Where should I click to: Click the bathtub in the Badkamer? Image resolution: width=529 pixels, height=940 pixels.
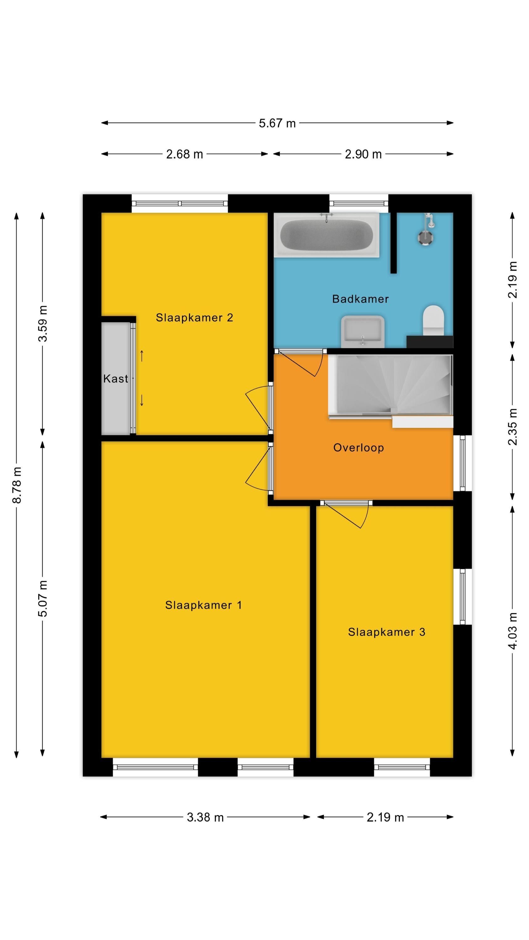click(326, 235)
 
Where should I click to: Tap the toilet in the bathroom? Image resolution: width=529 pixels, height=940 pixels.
click(433, 321)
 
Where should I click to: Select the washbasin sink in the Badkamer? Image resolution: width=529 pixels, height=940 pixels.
click(363, 331)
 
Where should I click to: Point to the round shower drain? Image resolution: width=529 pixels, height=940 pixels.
click(425, 238)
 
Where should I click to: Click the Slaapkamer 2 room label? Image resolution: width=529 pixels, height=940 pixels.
click(195, 317)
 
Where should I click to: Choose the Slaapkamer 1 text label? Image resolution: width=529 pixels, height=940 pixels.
click(203, 605)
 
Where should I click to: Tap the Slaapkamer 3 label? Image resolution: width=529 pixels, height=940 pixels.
click(387, 632)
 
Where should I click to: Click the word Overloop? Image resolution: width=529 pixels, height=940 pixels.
click(359, 448)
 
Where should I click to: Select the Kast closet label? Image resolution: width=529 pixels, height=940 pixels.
click(115, 379)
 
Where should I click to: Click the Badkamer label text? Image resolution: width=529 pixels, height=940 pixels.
click(360, 299)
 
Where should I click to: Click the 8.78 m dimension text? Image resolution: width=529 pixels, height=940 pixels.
click(17, 485)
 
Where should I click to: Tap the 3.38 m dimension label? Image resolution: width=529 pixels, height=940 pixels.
click(205, 817)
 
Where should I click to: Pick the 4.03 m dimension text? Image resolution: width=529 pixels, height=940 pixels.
click(513, 631)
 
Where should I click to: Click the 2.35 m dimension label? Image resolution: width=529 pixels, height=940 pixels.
click(513, 427)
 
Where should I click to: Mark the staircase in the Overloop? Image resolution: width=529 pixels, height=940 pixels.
click(390, 390)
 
